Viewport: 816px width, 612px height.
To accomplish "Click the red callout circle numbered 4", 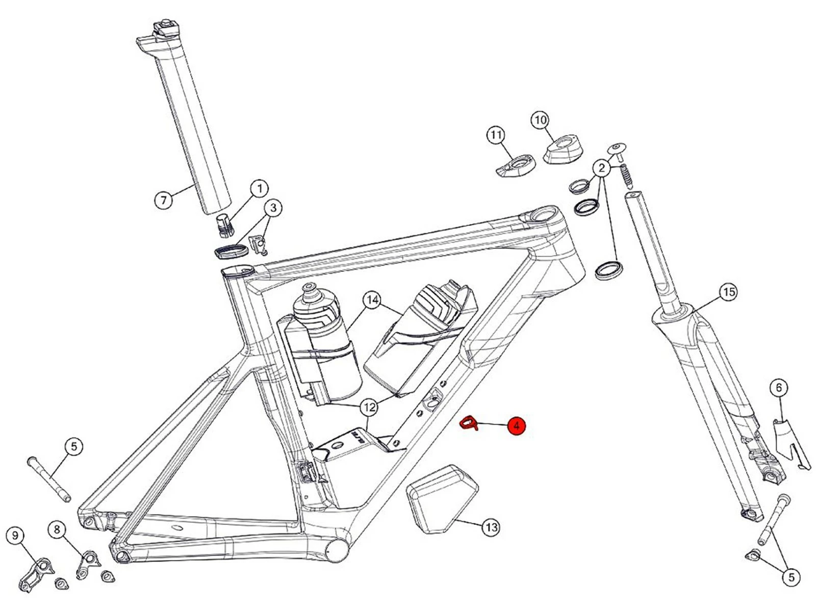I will (516, 425).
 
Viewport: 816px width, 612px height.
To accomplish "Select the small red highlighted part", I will (469, 423).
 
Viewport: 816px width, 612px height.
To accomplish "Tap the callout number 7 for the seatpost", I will (163, 199).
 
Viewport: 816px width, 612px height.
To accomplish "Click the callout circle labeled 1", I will (259, 188).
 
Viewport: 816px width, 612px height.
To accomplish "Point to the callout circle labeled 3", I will (273, 208).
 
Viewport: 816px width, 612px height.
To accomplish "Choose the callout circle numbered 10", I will (540, 120).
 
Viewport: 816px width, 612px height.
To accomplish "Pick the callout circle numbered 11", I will (495, 135).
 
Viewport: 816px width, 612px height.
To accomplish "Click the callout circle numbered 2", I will (602, 167).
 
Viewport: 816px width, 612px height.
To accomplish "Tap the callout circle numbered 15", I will (728, 292).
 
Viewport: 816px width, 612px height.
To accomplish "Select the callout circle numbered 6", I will (778, 388).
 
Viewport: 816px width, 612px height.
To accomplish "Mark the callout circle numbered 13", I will (491, 527).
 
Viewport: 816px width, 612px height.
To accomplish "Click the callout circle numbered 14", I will (372, 300).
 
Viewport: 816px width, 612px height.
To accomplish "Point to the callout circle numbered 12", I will (369, 407).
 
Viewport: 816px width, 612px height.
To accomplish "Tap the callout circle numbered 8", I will (57, 530).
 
